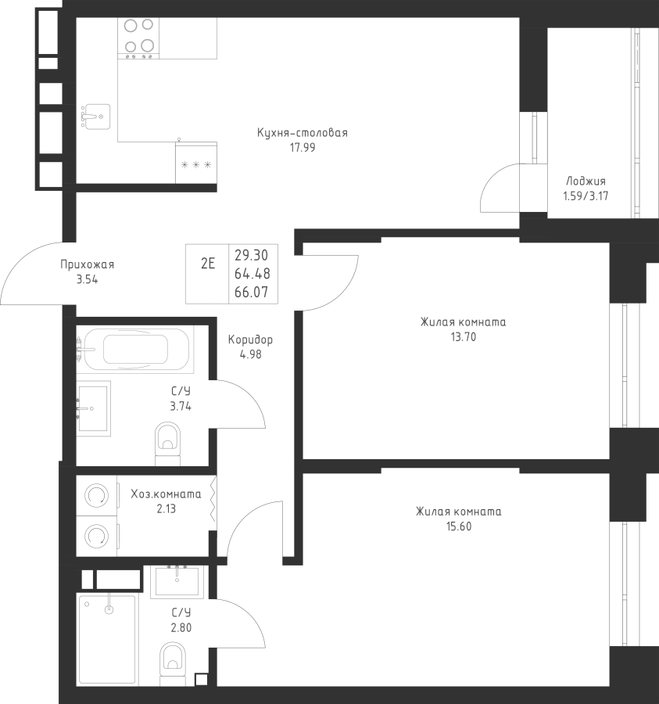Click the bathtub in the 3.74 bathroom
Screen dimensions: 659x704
135,350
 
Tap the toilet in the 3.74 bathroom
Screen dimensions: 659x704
167,444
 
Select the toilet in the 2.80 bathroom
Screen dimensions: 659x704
173,663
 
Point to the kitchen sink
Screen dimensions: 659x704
96,117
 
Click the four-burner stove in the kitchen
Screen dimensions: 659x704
138,38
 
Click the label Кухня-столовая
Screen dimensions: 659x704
303,133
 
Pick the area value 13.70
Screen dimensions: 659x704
464,336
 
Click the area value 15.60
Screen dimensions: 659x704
459,526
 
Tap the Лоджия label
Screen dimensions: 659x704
586,181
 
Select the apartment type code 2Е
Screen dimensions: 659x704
208,264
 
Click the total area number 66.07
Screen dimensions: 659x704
252,293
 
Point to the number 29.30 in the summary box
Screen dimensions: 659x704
252,256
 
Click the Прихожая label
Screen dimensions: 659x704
87,264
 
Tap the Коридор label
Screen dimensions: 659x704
250,340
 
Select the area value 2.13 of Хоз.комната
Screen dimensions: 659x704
166,508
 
